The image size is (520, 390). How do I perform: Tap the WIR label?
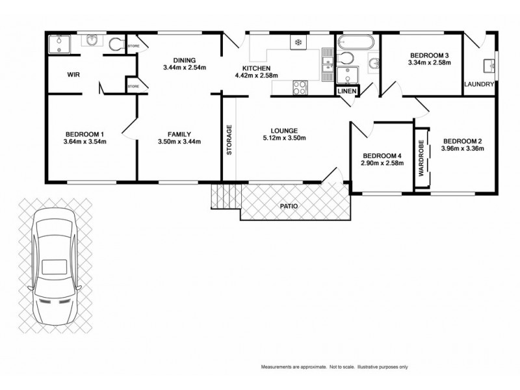(x=73, y=74)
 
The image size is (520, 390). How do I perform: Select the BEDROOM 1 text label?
(x=84, y=135)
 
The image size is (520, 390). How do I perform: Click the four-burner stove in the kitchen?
(x=301, y=87)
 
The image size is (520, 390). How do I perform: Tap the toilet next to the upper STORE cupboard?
(x=117, y=44)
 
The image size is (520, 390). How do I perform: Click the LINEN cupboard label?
(x=346, y=92)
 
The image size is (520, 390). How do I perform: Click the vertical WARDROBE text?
(x=421, y=158)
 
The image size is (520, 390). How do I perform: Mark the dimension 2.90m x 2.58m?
(x=382, y=163)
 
